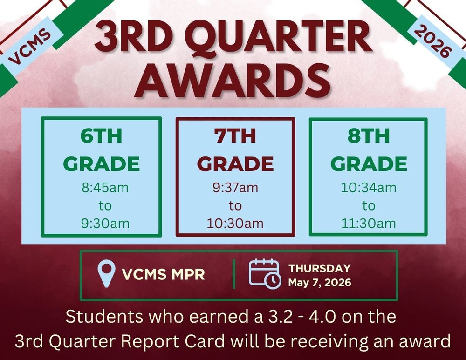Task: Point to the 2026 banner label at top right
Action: tap(433, 42)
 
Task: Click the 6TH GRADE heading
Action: tap(101, 150)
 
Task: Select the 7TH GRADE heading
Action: tap(235, 150)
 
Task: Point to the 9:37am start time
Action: tap(235, 188)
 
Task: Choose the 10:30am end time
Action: tap(235, 223)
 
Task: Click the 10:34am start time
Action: tap(368, 188)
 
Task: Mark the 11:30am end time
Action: tap(368, 223)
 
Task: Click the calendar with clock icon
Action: tap(265, 274)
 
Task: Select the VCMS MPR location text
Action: tap(163, 274)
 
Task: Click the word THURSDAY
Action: tap(319, 268)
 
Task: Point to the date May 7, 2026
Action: tap(319, 282)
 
